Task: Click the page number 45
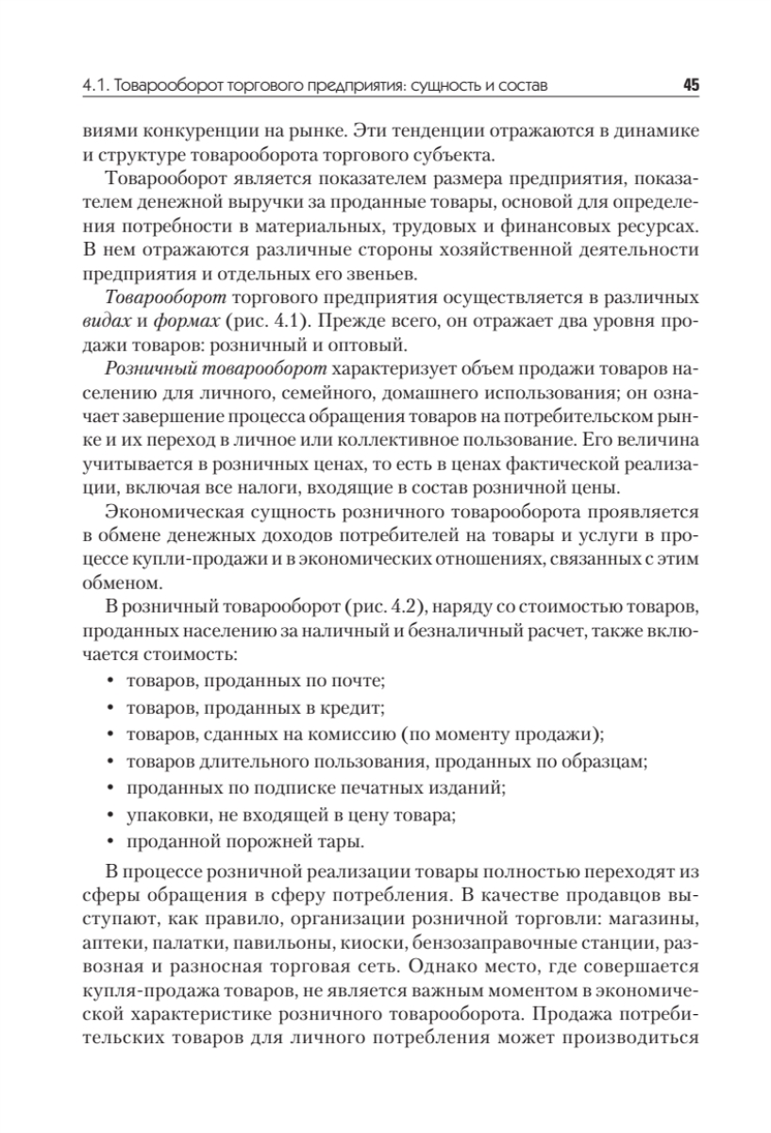689,86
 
